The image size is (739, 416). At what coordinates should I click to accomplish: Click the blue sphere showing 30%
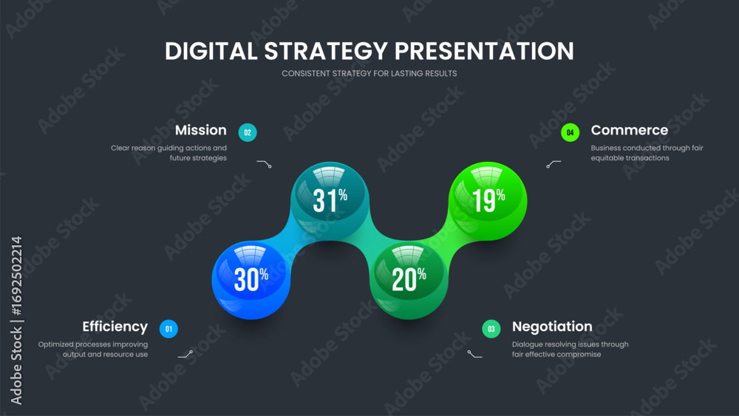click(251, 279)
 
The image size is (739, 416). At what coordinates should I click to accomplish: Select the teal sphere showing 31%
click(329, 200)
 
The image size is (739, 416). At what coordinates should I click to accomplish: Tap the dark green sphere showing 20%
click(408, 279)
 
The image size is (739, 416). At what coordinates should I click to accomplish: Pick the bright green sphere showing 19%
click(488, 200)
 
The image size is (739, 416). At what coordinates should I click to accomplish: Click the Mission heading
click(200, 130)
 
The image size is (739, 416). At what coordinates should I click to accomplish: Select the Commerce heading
click(629, 130)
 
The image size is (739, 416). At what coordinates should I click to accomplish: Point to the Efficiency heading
click(115, 327)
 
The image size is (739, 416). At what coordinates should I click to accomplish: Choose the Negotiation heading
click(552, 327)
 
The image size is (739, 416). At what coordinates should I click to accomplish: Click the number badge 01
click(168, 329)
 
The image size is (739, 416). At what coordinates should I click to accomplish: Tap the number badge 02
click(248, 133)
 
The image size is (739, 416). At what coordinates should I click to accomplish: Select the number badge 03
click(491, 329)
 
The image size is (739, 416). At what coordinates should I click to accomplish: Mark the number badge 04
click(570, 133)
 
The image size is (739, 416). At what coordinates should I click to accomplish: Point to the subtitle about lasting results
click(369, 74)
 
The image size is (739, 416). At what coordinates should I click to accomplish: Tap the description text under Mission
click(168, 153)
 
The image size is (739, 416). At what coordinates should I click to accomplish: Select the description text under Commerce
click(647, 153)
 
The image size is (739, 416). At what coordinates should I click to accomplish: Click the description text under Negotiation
click(570, 349)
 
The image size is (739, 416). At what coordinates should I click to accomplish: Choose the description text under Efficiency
click(93, 349)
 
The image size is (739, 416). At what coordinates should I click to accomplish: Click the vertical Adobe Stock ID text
click(16, 320)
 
